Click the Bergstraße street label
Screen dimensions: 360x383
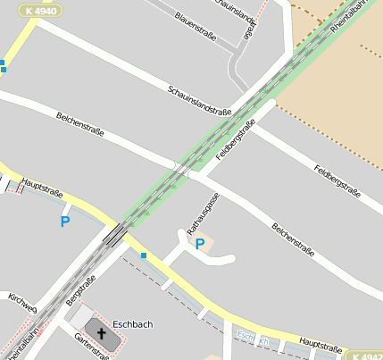(x=81, y=289)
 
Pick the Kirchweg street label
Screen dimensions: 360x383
(x=21, y=302)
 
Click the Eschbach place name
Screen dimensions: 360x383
(x=132, y=324)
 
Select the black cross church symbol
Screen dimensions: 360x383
(x=101, y=335)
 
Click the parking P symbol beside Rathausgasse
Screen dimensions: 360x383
(x=200, y=243)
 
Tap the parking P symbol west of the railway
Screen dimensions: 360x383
(x=64, y=221)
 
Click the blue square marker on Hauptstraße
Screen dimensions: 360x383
(x=143, y=255)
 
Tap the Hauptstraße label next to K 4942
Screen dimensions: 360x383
(x=321, y=344)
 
